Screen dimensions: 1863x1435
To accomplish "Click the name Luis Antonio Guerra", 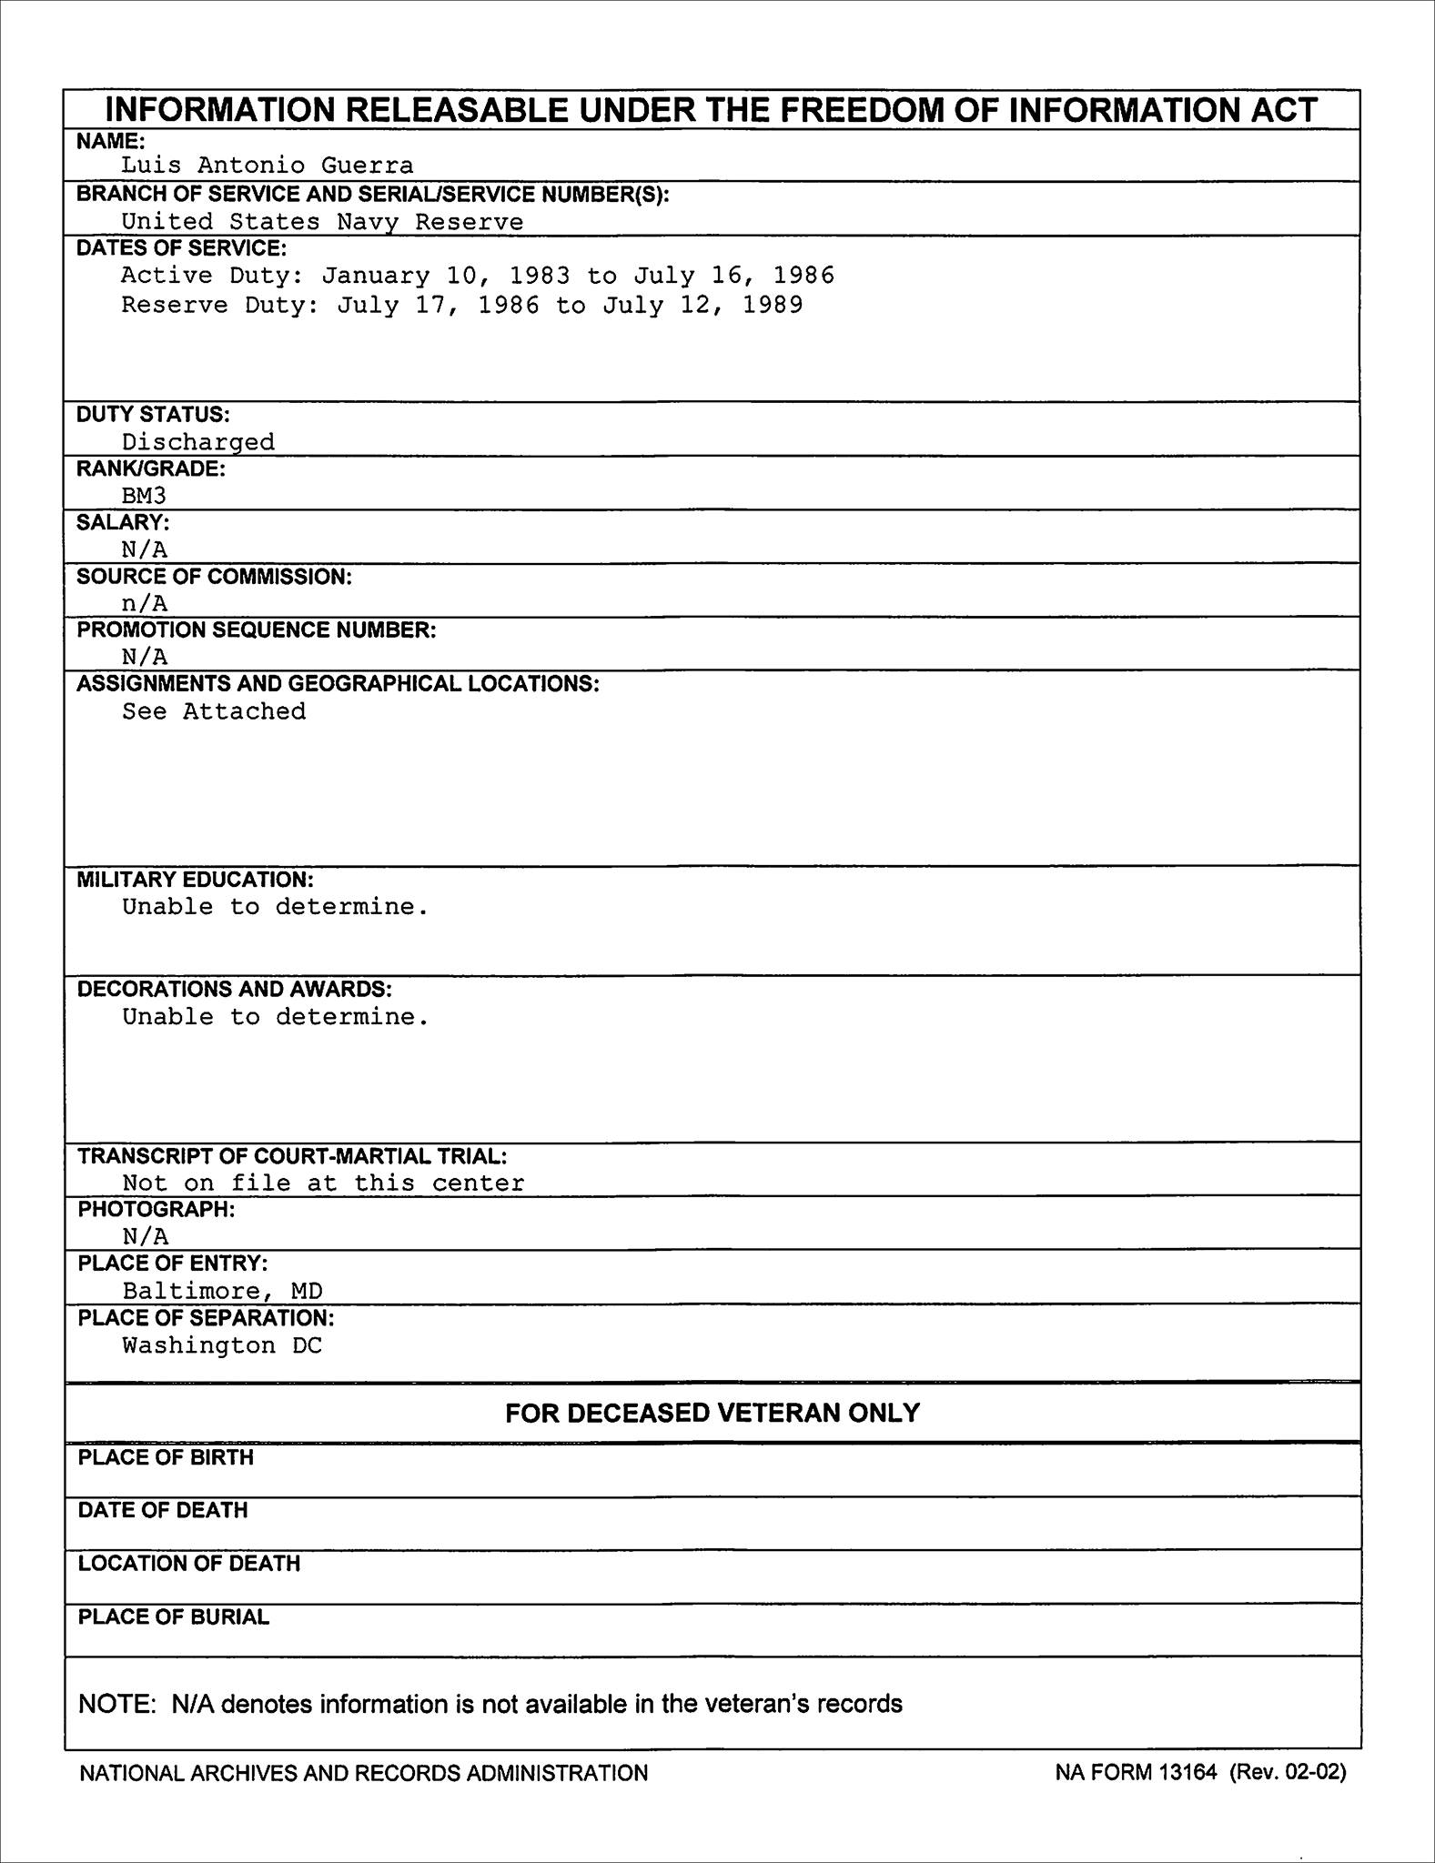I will [268, 166].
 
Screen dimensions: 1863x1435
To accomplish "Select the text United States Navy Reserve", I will [322, 222].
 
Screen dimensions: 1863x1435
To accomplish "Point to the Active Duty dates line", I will [478, 276].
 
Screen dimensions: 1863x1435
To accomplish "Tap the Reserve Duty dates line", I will [462, 305].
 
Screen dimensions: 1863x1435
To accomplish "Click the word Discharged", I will [198, 442].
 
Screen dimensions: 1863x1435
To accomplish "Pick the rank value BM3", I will [144, 496].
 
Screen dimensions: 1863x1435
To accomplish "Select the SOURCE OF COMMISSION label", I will [214, 577].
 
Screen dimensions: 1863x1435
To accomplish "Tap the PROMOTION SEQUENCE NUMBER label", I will [257, 630].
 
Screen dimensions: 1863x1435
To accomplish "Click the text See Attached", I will [214, 711].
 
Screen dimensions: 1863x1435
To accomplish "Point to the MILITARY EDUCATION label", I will [195, 880].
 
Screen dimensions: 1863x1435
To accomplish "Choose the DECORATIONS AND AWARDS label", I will [235, 989].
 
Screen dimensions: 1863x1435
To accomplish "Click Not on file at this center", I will [323, 1183].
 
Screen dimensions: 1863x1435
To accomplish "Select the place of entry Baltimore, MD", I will [223, 1291].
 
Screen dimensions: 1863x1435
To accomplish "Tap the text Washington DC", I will [222, 1345].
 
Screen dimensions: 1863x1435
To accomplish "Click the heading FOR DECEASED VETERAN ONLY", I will [712, 1413].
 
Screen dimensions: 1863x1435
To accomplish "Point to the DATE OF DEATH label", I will [163, 1510].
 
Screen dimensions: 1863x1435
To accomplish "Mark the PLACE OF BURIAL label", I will [174, 1616].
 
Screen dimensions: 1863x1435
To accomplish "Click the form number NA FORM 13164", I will [1136, 1772].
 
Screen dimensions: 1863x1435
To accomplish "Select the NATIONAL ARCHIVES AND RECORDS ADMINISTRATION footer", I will [364, 1773].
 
